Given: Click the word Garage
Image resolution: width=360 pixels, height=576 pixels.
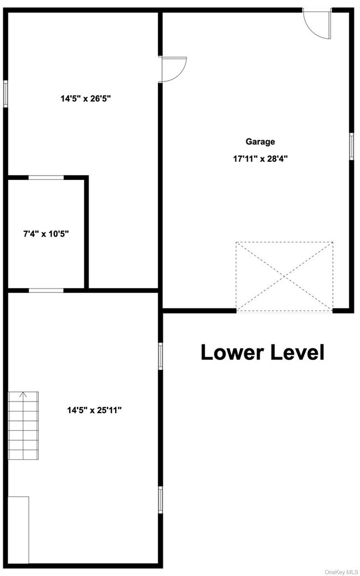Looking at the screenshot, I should click(260, 142).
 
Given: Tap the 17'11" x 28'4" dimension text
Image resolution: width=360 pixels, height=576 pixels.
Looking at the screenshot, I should click(260, 158).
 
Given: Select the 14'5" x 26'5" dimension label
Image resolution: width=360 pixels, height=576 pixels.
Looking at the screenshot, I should click(90, 100).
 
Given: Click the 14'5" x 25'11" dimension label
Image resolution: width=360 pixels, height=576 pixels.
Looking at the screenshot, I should click(94, 410).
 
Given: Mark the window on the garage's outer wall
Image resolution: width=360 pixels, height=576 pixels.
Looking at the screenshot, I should click(351, 146).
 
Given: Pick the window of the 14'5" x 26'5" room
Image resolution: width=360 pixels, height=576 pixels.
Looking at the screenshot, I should click(6, 94).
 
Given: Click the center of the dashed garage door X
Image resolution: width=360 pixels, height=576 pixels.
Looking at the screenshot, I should click(285, 276).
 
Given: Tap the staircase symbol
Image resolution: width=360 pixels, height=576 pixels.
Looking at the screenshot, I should click(23, 425).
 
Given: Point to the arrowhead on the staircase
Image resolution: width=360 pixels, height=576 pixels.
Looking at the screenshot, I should click(23, 395).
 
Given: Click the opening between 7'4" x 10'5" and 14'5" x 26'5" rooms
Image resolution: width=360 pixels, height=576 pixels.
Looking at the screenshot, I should click(46, 177).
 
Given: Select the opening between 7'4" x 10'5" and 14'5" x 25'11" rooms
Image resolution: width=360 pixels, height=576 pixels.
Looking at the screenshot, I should click(46, 290).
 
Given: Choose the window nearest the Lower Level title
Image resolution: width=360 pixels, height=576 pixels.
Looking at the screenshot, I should click(161, 356).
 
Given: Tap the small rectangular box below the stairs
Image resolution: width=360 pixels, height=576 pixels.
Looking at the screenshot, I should click(18, 529).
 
